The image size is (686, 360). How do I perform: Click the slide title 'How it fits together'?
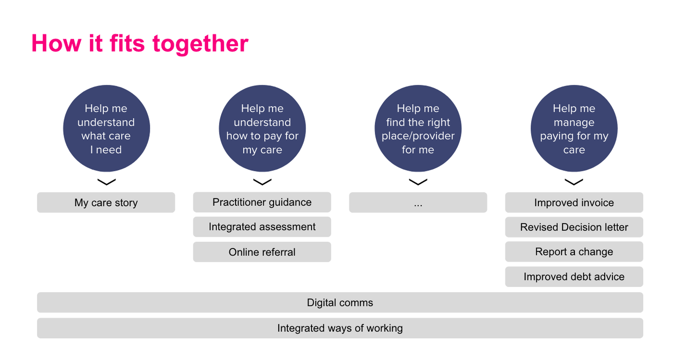(x=140, y=43)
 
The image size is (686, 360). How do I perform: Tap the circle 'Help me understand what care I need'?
(x=106, y=129)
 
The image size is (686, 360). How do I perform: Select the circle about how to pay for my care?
(x=262, y=129)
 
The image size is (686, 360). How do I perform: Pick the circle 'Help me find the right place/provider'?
(x=418, y=129)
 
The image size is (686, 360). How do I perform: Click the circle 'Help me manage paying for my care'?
(x=574, y=129)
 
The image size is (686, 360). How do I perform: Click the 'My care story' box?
(x=106, y=203)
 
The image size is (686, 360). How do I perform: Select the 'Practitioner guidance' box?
(x=262, y=202)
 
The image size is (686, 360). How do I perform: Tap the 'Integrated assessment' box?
(x=262, y=227)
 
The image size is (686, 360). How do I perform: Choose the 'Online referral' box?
(x=262, y=252)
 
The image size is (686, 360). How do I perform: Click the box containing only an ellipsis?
(x=418, y=203)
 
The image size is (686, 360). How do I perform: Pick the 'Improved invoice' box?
(x=574, y=203)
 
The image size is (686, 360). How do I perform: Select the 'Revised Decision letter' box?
(x=574, y=227)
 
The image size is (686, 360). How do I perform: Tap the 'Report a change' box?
(x=574, y=252)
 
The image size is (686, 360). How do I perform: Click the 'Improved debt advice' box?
(x=574, y=277)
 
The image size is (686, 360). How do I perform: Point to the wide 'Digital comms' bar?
(x=340, y=302)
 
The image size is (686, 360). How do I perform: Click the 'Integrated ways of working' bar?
(x=340, y=328)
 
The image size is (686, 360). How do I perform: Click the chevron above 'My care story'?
(x=106, y=182)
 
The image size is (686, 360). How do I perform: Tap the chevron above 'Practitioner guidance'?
(x=262, y=182)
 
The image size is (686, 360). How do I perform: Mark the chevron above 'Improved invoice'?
(x=574, y=182)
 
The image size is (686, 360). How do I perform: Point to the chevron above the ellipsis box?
(x=418, y=182)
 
